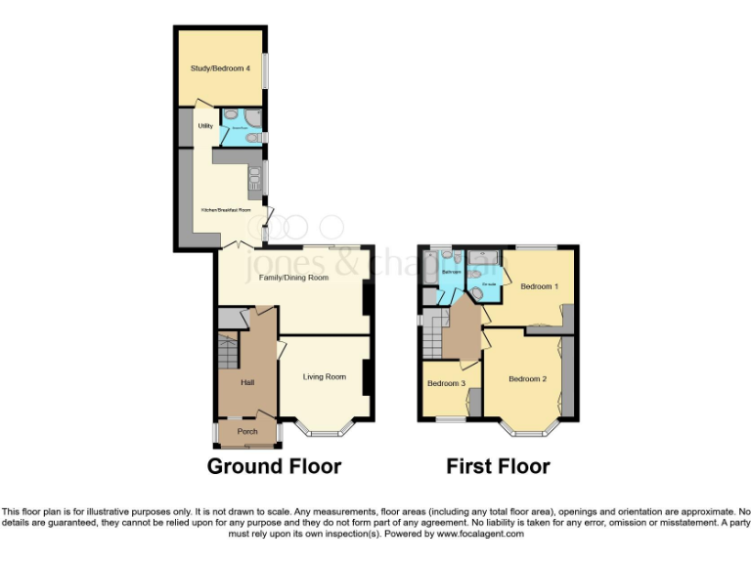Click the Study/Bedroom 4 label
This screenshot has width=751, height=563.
(x=213, y=69)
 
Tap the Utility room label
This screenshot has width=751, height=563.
(x=205, y=126)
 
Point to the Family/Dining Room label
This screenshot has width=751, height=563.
(x=292, y=278)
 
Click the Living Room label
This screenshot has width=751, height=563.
(x=324, y=376)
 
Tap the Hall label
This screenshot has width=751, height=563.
(x=248, y=382)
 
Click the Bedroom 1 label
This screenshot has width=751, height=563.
(x=539, y=286)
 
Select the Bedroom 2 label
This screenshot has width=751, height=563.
(x=527, y=378)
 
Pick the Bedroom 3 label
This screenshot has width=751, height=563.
(x=444, y=383)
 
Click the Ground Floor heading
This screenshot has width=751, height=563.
(x=274, y=466)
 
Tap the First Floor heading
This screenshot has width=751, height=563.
(x=498, y=466)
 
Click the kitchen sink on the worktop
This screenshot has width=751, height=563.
(x=254, y=178)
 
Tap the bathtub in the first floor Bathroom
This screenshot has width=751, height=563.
(x=427, y=277)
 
